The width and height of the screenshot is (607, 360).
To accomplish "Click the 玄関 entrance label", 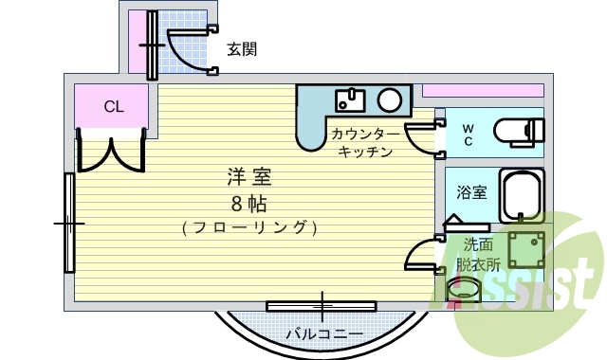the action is pos(242,49).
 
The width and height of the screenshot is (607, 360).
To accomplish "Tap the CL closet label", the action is pos(113,106).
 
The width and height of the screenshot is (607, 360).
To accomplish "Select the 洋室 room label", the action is pos(249,177).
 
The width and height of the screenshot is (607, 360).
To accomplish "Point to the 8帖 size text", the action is pos(248,202).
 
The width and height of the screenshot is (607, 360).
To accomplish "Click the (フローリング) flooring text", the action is pos(248,227).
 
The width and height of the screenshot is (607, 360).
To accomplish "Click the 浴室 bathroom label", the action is pos(471,193).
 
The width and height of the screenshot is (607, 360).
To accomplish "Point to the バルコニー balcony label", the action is pos(324,334).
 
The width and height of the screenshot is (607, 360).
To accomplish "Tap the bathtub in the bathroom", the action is pos(521,196).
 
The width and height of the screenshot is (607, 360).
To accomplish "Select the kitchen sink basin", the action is pos(351,98).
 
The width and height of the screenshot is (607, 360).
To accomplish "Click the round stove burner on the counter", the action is pos(389,99).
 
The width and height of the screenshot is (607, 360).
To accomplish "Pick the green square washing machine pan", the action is pos(526,248).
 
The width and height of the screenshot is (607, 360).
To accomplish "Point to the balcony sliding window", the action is pos(322,306).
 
